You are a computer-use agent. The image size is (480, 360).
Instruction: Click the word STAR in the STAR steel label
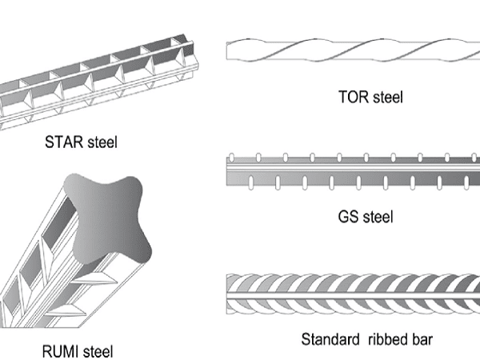(64, 142)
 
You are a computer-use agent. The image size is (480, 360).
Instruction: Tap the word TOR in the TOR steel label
(354, 97)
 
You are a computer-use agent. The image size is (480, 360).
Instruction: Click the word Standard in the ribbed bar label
(330, 339)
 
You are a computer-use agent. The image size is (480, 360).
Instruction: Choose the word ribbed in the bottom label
(388, 339)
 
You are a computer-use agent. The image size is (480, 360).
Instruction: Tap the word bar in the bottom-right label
(422, 339)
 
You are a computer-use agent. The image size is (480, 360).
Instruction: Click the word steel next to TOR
(388, 97)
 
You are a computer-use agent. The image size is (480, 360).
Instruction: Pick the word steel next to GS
(378, 217)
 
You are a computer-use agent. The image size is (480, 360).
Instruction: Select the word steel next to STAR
(102, 142)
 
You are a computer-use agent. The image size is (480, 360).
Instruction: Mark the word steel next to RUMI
(98, 351)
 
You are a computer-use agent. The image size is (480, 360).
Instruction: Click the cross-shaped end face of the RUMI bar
(107, 219)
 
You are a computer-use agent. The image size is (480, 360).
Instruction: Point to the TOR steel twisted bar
(353, 50)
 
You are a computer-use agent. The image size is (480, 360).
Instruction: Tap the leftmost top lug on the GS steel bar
(232, 158)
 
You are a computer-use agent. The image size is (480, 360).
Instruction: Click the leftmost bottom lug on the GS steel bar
(250, 182)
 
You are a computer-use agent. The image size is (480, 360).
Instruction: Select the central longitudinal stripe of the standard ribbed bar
(353, 295)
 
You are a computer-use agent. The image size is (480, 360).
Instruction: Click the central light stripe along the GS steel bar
(353, 168)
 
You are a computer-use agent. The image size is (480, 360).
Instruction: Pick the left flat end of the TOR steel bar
(227, 51)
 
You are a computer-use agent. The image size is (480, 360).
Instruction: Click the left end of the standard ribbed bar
(227, 294)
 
